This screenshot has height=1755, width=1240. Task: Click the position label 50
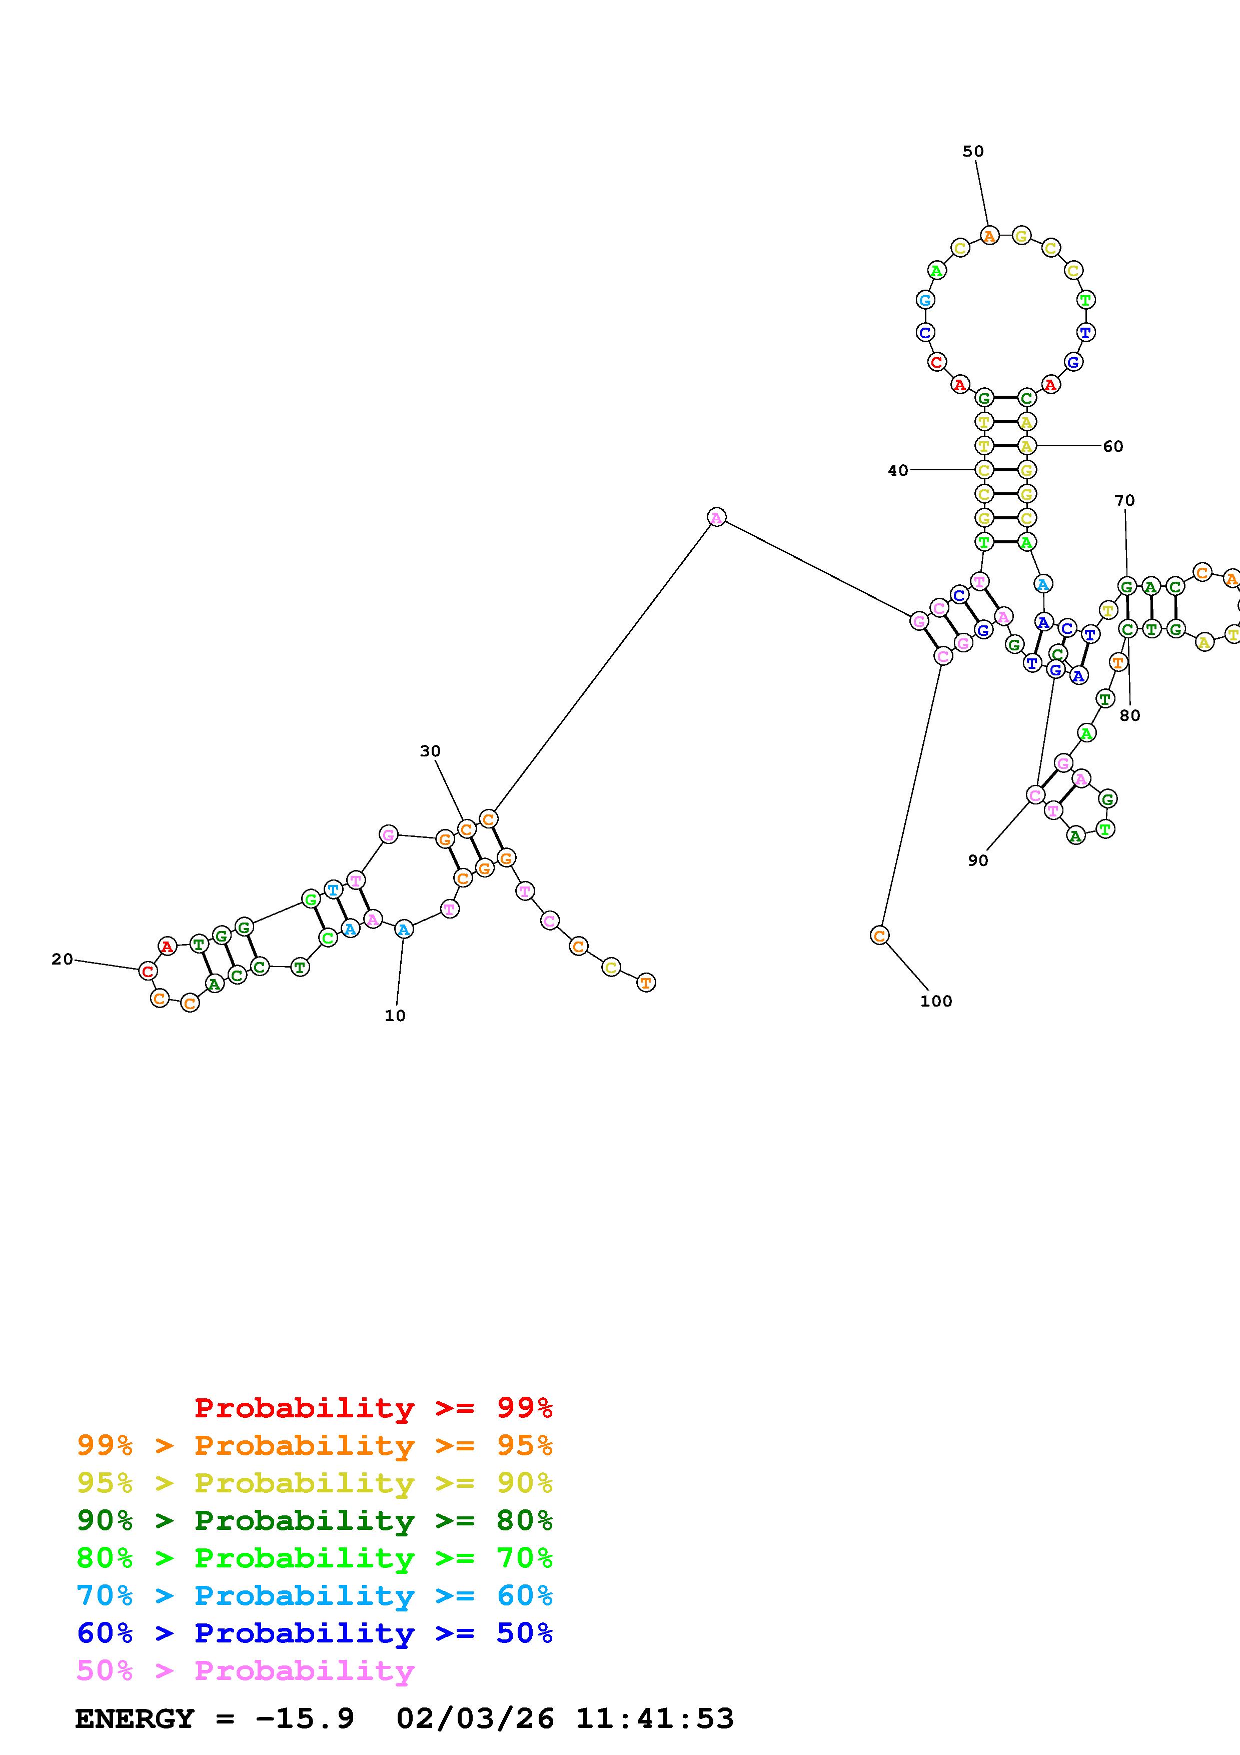tap(972, 152)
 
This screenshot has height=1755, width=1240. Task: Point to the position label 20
tap(62, 959)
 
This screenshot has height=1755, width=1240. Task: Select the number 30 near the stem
tap(430, 751)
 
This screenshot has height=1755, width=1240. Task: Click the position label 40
tap(898, 471)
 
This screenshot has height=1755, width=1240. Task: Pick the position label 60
tap(1113, 446)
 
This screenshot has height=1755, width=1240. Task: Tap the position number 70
tap(1124, 501)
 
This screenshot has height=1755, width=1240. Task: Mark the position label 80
tap(1129, 715)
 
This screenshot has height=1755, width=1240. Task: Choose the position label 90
tap(978, 860)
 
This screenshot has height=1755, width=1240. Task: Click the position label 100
tap(936, 1002)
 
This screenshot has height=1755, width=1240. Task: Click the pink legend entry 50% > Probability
tap(245, 1671)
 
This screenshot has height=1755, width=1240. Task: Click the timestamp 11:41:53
tap(655, 1718)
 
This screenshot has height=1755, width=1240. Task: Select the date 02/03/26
tap(475, 1718)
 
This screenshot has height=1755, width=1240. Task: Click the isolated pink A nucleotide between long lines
tap(716, 517)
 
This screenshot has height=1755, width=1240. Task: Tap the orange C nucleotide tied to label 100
tap(879, 935)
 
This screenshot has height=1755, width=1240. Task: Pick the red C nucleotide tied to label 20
tap(148, 972)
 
